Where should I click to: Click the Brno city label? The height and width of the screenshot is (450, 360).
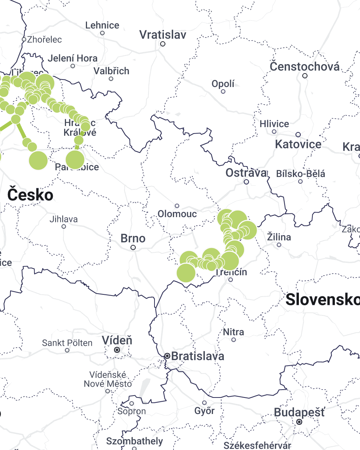click(133, 238)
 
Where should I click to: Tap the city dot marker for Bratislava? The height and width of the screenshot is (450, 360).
click(167, 356)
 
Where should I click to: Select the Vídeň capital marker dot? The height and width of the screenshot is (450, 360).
click(117, 349)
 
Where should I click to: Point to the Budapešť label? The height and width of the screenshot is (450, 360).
click(300, 412)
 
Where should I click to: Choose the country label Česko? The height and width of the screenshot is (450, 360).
click(30, 195)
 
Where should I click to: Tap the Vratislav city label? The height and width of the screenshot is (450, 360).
click(163, 35)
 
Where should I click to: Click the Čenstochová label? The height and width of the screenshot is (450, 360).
click(305, 67)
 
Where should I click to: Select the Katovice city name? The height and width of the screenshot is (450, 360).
click(298, 144)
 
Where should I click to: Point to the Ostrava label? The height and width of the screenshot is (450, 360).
click(246, 173)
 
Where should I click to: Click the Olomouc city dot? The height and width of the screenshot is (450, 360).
click(177, 206)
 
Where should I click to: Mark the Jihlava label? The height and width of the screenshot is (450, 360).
click(64, 219)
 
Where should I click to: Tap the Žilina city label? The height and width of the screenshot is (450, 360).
click(279, 237)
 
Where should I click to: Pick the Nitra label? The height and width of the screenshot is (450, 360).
click(233, 332)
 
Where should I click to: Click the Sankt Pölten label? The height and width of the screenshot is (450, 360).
click(67, 343)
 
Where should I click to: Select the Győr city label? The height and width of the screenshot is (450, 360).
click(204, 411)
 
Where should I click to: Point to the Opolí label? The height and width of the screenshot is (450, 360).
click(223, 84)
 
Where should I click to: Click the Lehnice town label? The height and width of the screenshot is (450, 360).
click(102, 25)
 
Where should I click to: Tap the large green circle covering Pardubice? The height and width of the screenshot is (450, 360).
click(75, 159)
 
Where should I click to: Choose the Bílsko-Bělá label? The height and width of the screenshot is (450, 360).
click(300, 174)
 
